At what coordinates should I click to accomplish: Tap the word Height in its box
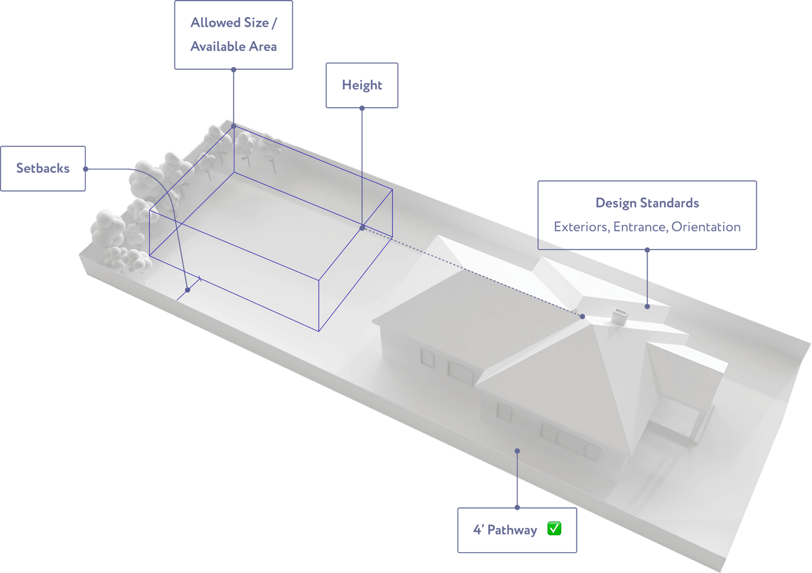coord(362,85)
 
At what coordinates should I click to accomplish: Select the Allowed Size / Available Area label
coord(233,35)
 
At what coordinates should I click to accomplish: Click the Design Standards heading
coord(647,203)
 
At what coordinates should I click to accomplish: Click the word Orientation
coord(706,227)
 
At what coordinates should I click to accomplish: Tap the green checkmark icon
coord(554,528)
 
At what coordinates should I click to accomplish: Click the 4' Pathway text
coord(505,530)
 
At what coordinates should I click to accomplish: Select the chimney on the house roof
coord(619,316)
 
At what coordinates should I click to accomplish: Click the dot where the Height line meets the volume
coord(362,228)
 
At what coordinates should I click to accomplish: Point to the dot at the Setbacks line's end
coord(187,290)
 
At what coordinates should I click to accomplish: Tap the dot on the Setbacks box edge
coord(86,169)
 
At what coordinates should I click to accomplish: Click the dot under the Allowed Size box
coord(233,69)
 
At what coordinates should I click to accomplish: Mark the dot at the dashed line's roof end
coord(582,316)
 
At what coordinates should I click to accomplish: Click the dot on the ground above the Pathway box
coord(517,451)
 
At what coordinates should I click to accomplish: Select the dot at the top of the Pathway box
coord(517,507)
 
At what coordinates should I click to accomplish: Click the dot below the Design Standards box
coord(647,249)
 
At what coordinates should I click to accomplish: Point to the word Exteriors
coord(582,227)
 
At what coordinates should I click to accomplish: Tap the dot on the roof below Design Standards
coord(647,307)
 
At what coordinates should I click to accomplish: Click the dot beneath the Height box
coord(362,108)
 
